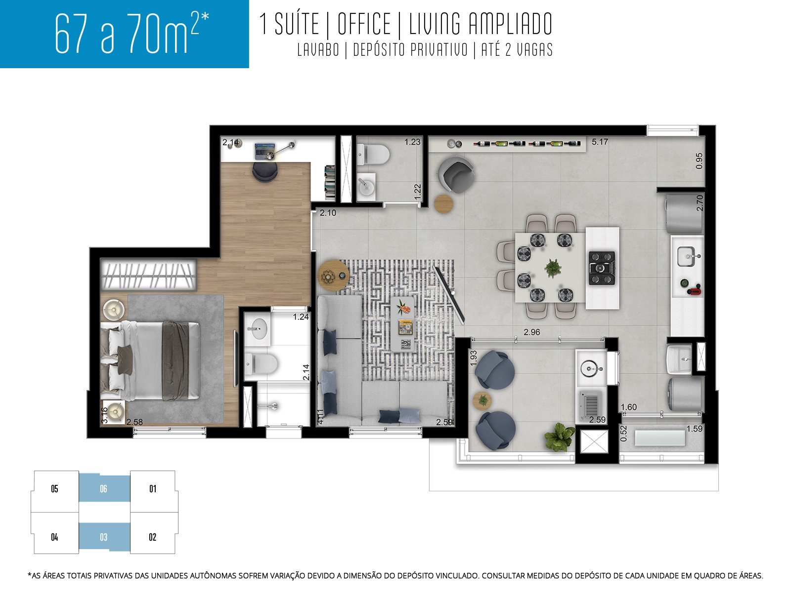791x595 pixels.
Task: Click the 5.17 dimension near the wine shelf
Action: [600, 142]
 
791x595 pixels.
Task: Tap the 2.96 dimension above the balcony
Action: [531, 332]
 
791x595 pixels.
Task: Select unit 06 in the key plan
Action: [104, 488]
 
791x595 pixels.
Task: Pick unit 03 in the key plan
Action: [104, 537]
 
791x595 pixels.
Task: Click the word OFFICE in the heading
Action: [364, 24]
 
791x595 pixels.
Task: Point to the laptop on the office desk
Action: [264, 151]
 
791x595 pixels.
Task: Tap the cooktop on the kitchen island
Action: [602, 268]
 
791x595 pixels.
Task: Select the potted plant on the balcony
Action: [559, 437]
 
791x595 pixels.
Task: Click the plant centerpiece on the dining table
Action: [553, 268]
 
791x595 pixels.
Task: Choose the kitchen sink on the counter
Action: [687, 256]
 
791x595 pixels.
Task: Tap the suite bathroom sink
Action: [258, 329]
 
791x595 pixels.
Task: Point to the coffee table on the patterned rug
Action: [402, 323]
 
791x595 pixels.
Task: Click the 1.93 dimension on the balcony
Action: [474, 358]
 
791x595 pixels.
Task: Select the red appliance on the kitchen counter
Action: [694, 290]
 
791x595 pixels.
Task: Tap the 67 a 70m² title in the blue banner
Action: [132, 33]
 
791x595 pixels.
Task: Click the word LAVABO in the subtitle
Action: [318, 50]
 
